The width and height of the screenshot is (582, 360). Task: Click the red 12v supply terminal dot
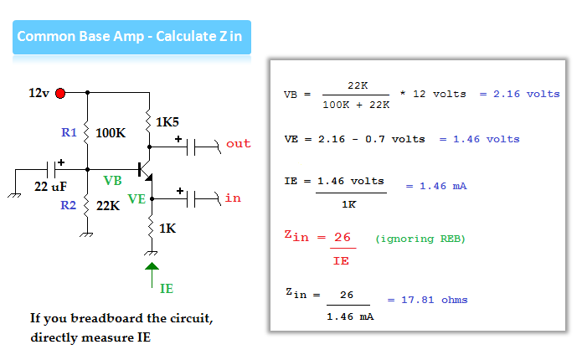tap(60, 93)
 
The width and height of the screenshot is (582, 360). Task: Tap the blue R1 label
tap(69, 132)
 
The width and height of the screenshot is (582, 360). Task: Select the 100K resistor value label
tap(111, 132)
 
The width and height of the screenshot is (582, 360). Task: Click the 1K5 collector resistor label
tap(167, 121)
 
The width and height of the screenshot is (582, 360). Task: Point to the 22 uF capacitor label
tap(50, 186)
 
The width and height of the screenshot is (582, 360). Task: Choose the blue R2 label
tap(69, 205)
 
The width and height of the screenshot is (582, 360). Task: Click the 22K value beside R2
tap(108, 205)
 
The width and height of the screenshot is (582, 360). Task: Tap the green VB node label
tap(112, 180)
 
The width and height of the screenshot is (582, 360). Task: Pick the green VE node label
tap(136, 199)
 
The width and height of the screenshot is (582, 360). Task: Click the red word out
tap(239, 144)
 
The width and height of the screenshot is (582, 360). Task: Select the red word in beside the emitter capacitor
tap(233, 198)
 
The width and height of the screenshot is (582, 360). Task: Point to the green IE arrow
tap(152, 275)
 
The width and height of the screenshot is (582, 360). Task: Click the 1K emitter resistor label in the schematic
tap(167, 229)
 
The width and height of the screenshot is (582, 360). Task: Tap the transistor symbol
tap(145, 171)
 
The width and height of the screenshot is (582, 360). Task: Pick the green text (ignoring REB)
tap(420, 239)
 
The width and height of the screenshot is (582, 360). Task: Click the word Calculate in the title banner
tap(185, 36)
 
